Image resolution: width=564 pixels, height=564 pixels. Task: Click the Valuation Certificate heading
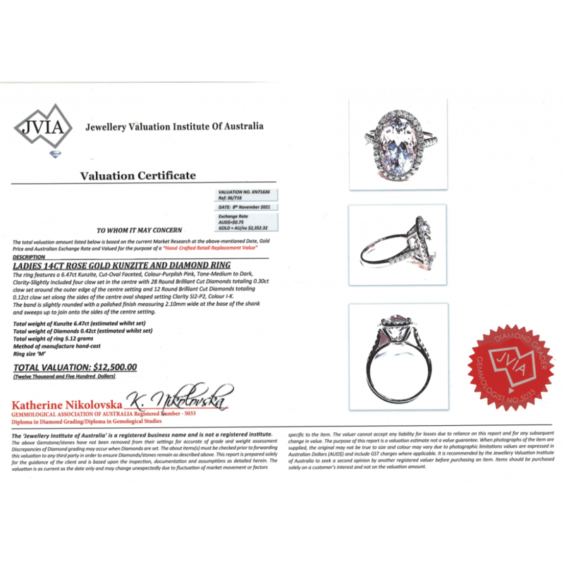pos(137,176)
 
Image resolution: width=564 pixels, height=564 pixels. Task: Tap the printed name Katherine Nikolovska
pos(67,405)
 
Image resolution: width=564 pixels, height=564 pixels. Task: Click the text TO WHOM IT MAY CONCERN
pos(139,231)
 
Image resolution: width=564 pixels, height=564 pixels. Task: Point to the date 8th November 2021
pos(245,207)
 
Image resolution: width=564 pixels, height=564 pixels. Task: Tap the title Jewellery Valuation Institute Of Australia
pos(174,127)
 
